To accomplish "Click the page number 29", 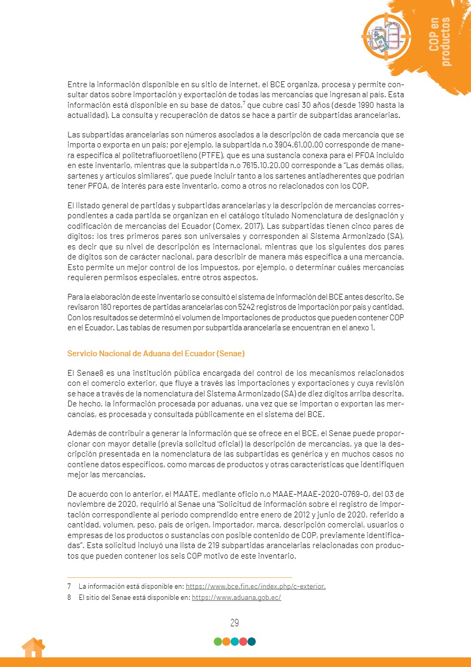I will click(235, 623).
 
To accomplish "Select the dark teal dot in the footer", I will click(251, 642).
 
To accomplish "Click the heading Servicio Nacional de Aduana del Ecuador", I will click(156, 353).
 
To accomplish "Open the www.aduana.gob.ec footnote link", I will click(236, 597).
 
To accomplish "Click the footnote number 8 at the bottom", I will click(69, 597).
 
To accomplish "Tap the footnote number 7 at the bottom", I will click(69, 586).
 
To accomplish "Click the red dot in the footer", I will click(243, 642).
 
